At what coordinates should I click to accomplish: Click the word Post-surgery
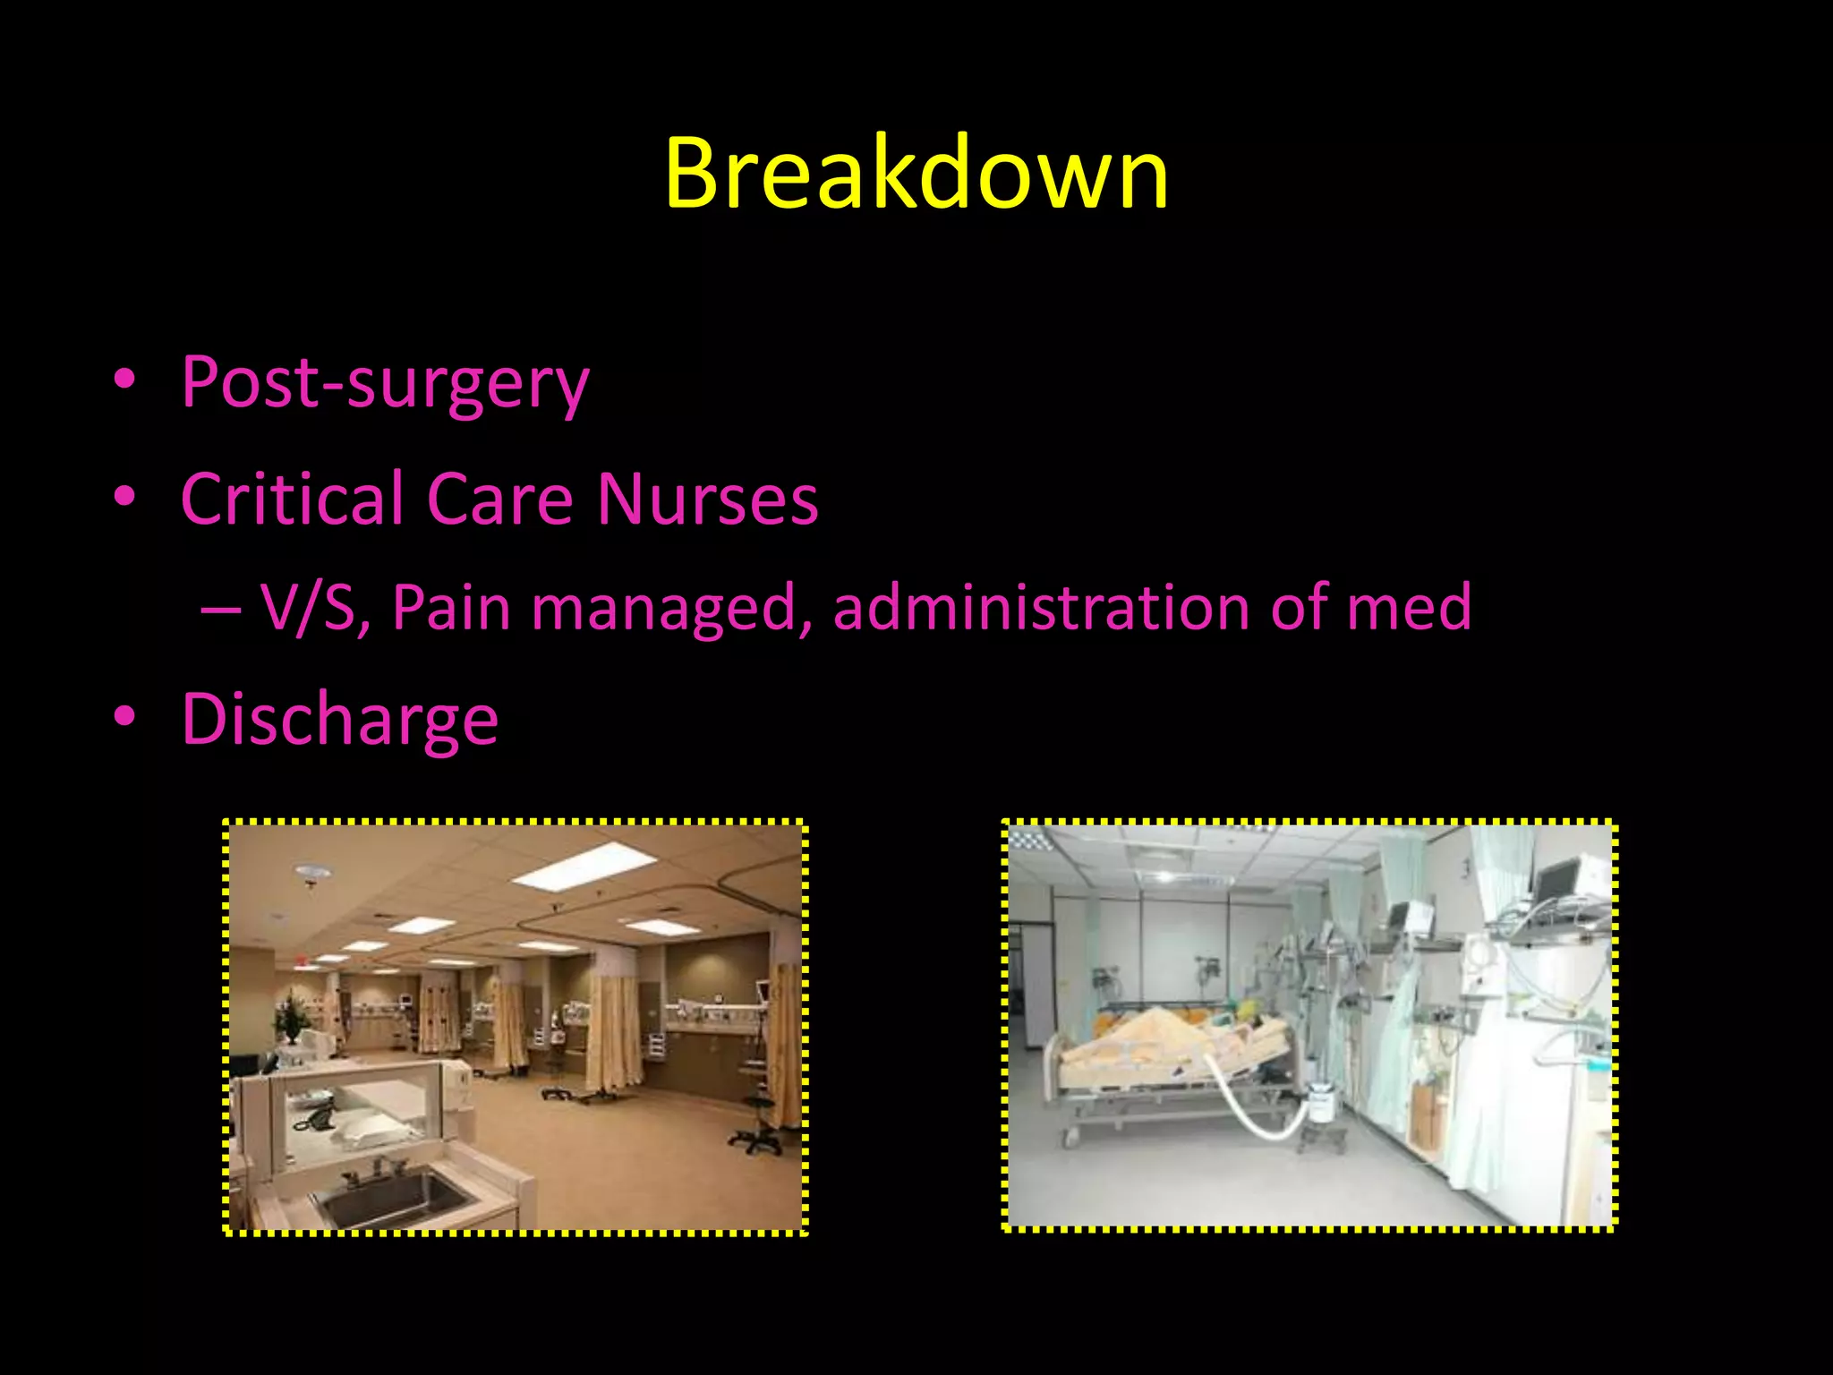(385, 383)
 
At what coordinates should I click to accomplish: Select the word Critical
(292, 499)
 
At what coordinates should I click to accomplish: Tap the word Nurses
(707, 499)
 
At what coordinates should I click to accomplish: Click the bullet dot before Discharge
(124, 717)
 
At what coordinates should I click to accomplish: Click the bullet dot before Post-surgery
(124, 380)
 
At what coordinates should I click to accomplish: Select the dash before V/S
(220, 610)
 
